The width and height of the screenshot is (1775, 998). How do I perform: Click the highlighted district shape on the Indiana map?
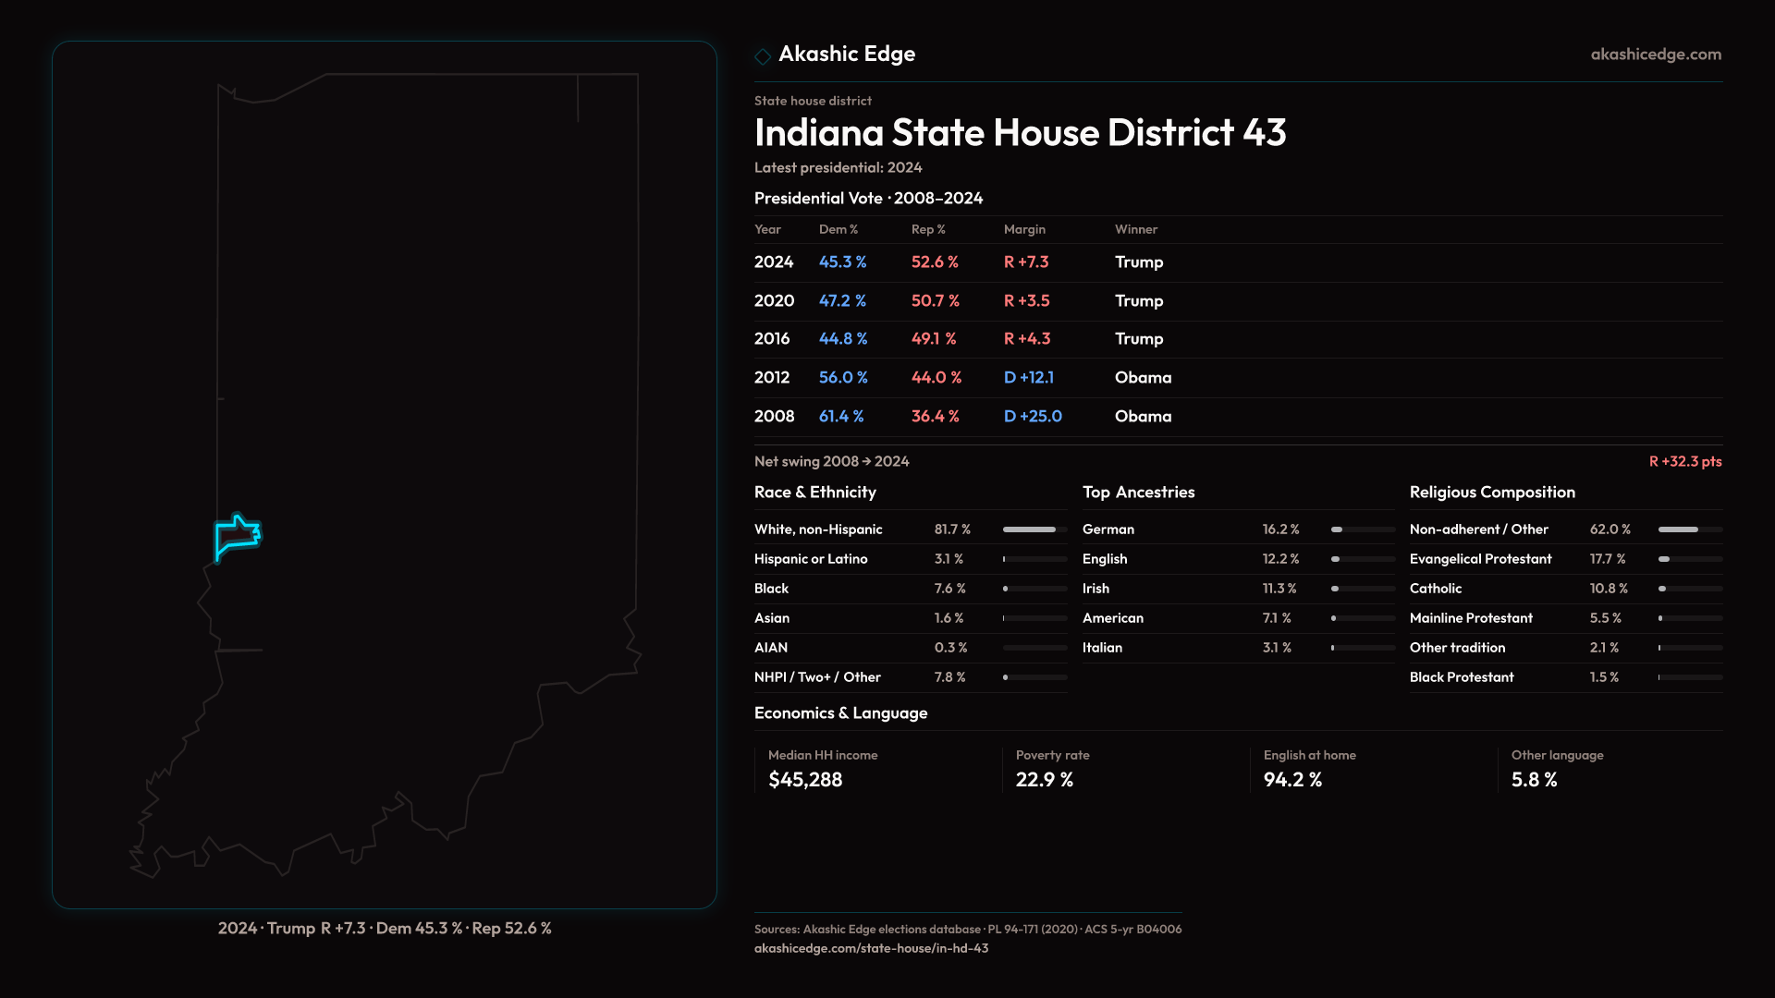(x=237, y=536)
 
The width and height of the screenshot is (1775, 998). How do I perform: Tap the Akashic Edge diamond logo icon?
(x=763, y=56)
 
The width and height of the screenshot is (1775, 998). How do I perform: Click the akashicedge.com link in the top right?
(x=1656, y=55)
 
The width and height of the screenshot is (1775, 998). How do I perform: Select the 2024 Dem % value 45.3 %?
(x=842, y=262)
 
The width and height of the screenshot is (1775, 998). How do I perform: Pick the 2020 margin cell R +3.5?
(x=1026, y=301)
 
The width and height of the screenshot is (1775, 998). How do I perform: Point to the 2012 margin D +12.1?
(x=1028, y=378)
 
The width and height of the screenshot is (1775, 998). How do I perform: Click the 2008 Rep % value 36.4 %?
(x=935, y=417)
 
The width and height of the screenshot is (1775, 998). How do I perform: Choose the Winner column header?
(x=1135, y=230)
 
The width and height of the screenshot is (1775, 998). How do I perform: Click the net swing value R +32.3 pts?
(x=1684, y=462)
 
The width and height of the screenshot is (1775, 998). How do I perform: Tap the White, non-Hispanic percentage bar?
(x=1034, y=529)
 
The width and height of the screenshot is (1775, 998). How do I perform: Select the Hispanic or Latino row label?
(x=810, y=559)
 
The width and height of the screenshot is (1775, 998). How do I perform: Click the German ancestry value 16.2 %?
(x=1280, y=529)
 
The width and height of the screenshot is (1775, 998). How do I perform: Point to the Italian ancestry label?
(x=1102, y=648)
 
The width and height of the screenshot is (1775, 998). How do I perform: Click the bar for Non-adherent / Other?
(x=1690, y=529)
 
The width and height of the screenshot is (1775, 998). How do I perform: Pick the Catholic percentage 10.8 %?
(x=1608, y=589)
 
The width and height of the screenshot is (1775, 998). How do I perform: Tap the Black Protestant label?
(x=1461, y=677)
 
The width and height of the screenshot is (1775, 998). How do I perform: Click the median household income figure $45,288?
(x=804, y=780)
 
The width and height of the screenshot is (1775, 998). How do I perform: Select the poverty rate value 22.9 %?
(x=1044, y=780)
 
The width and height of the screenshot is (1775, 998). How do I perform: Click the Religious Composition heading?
(x=1491, y=493)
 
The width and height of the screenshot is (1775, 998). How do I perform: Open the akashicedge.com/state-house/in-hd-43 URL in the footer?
(x=871, y=949)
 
